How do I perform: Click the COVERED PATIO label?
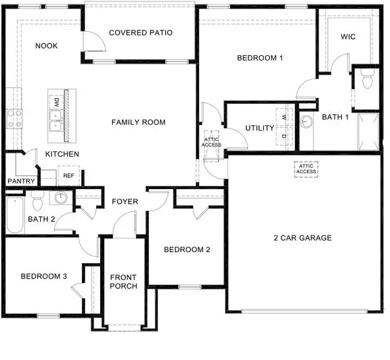[x=140, y=32]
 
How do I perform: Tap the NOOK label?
[x=47, y=45]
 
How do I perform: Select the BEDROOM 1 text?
[x=260, y=58]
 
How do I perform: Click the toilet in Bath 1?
[x=366, y=81]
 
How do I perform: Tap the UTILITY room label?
[x=259, y=128]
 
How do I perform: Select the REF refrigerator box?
[x=68, y=175]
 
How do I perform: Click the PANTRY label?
[x=20, y=181]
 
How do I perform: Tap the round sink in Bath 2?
[x=61, y=198]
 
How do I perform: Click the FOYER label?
[x=124, y=201]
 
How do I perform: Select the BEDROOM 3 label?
[x=44, y=276]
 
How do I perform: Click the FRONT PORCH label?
[x=123, y=281]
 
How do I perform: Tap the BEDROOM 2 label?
[x=187, y=250]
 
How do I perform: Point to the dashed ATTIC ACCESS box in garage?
[x=307, y=168]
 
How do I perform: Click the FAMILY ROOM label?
[x=138, y=122]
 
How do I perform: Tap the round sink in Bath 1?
[x=306, y=121]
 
